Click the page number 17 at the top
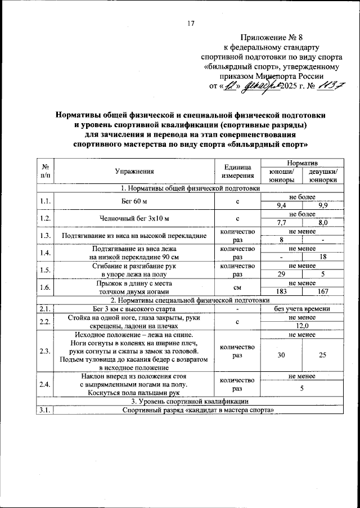(x=191, y=23)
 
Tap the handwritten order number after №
(x=326, y=86)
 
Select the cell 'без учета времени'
(x=302, y=308)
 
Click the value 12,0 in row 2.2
(x=302, y=326)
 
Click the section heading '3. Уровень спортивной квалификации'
(x=190, y=401)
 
